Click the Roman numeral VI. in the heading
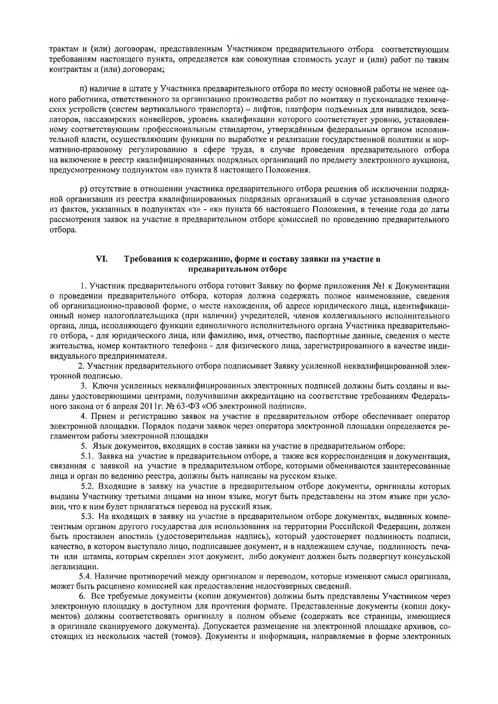(102, 259)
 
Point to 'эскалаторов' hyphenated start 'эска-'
(439, 110)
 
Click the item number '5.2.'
(88, 486)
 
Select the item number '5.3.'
(88, 516)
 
